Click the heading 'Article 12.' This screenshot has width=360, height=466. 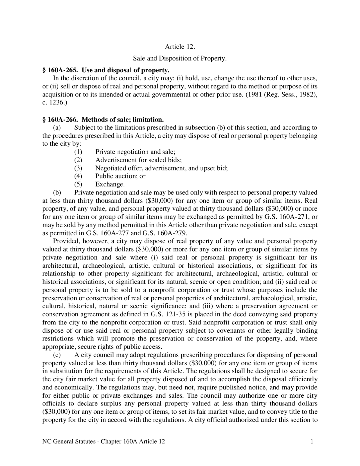180,47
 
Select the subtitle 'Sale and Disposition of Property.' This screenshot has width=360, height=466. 180,59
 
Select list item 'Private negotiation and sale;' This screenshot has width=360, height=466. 135,152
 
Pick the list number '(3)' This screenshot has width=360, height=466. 78,168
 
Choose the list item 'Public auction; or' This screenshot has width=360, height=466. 120,176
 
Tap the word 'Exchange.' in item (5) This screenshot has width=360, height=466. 110,185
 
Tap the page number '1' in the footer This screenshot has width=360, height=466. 312,442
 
